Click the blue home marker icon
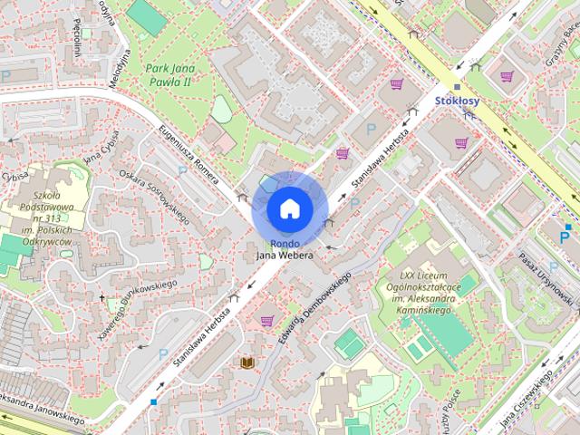289,208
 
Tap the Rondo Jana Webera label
284,249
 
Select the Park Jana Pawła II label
170,74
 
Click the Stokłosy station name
457,101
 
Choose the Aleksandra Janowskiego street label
41,410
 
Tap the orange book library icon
246,363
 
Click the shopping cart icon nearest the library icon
266,320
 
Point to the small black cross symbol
102,296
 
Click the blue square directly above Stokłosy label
457,87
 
